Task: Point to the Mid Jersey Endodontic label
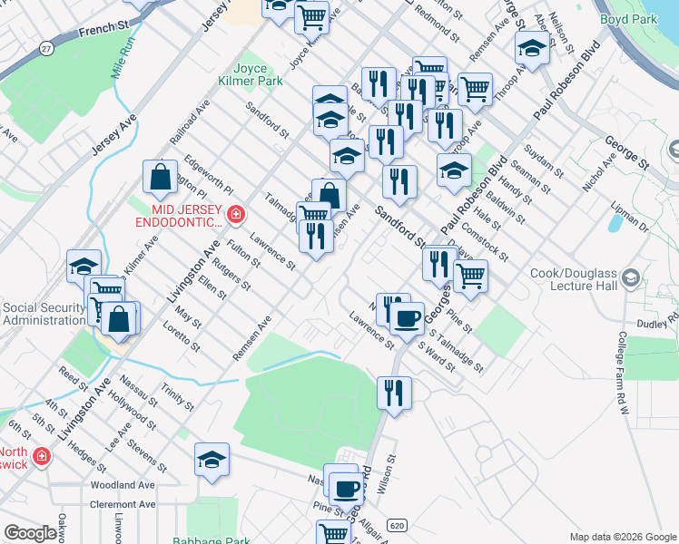pos(180,216)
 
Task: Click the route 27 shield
pos(46,47)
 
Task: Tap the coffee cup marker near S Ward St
pos(408,316)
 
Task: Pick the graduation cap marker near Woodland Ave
pos(212,460)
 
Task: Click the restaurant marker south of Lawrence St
pos(393,393)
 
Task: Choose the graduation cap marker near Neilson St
pos(532,48)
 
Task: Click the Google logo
pos(30,533)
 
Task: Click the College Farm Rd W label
pos(624,373)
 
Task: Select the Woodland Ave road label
pos(122,486)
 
